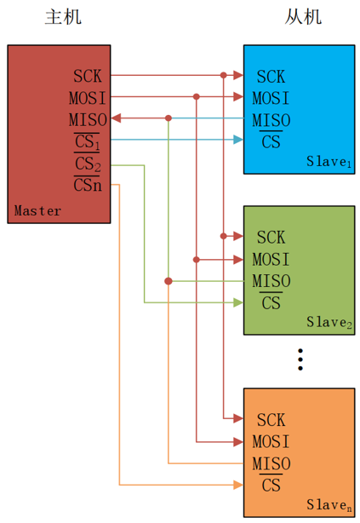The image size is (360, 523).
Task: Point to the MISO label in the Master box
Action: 89,118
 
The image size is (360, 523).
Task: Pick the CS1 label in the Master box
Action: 88,140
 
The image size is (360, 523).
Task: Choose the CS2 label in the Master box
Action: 88,163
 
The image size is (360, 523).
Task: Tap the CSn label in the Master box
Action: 88,184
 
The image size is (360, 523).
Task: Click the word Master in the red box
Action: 37,210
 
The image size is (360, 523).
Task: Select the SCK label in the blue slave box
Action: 271,76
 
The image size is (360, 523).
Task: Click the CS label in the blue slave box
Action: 271,141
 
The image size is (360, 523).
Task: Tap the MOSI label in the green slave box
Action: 271,259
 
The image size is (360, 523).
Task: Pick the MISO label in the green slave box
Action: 271,280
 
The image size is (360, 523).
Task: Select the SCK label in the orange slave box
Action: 271,419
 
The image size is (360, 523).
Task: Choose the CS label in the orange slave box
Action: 271,486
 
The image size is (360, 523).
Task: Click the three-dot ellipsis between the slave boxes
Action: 300,359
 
